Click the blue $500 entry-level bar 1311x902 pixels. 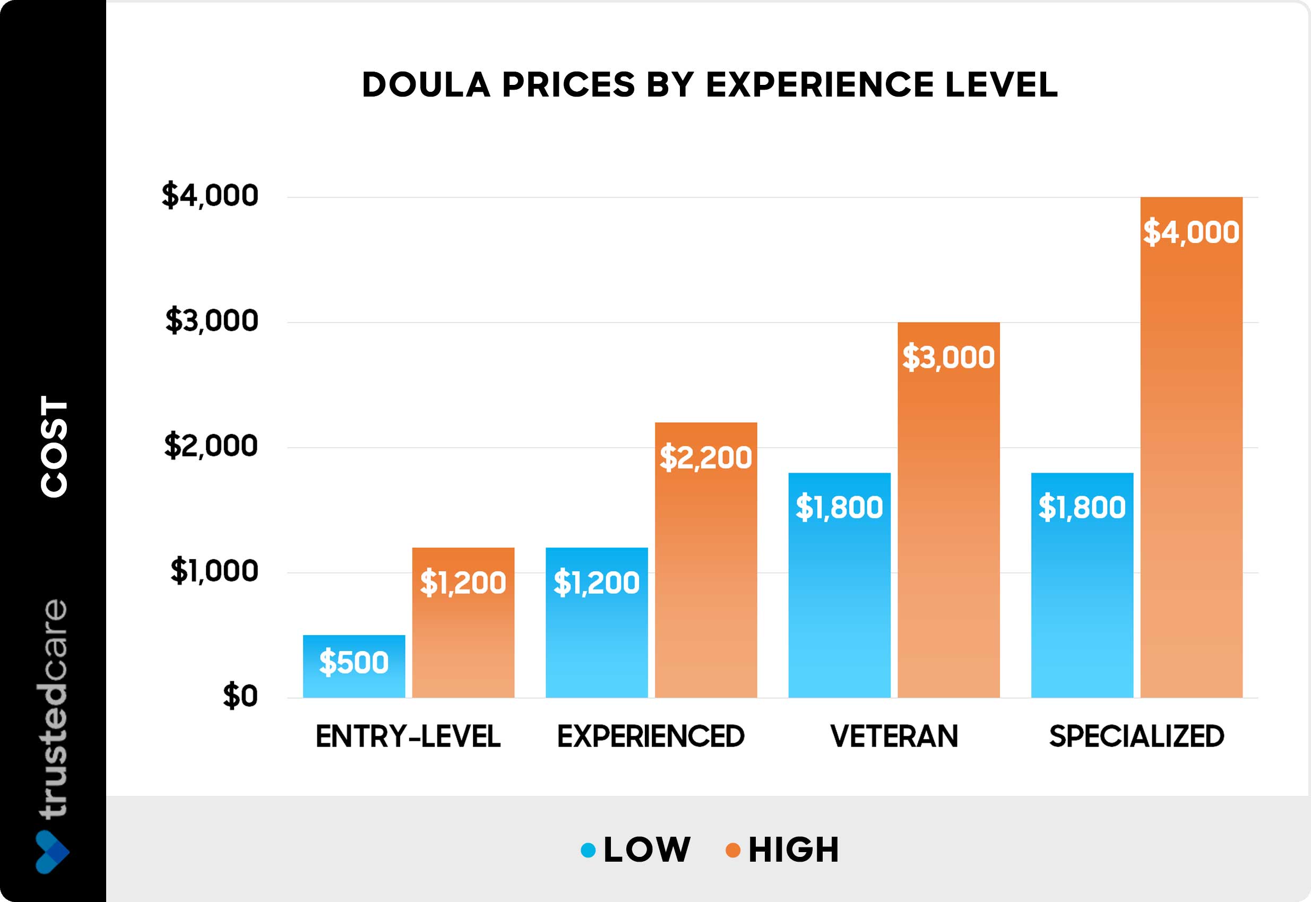click(x=353, y=666)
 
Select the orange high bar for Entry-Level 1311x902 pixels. click(x=463, y=622)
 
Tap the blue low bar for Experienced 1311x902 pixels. click(x=597, y=622)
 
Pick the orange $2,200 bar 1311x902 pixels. click(x=705, y=560)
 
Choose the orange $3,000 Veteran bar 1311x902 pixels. click(x=948, y=509)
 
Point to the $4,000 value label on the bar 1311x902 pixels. click(x=1191, y=232)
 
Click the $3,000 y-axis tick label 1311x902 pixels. click(x=211, y=321)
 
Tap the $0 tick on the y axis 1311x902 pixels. click(x=240, y=696)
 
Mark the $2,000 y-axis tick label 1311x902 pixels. click(x=211, y=446)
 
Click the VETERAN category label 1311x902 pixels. click(x=894, y=736)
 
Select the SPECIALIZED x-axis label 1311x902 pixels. click(x=1136, y=736)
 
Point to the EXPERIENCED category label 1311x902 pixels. click(x=651, y=736)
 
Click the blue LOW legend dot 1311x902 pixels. click(x=588, y=850)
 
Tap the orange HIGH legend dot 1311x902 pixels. click(x=732, y=850)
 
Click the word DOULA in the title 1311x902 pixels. click(x=426, y=85)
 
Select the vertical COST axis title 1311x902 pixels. click(x=54, y=446)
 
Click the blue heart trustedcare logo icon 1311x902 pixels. click(x=52, y=852)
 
